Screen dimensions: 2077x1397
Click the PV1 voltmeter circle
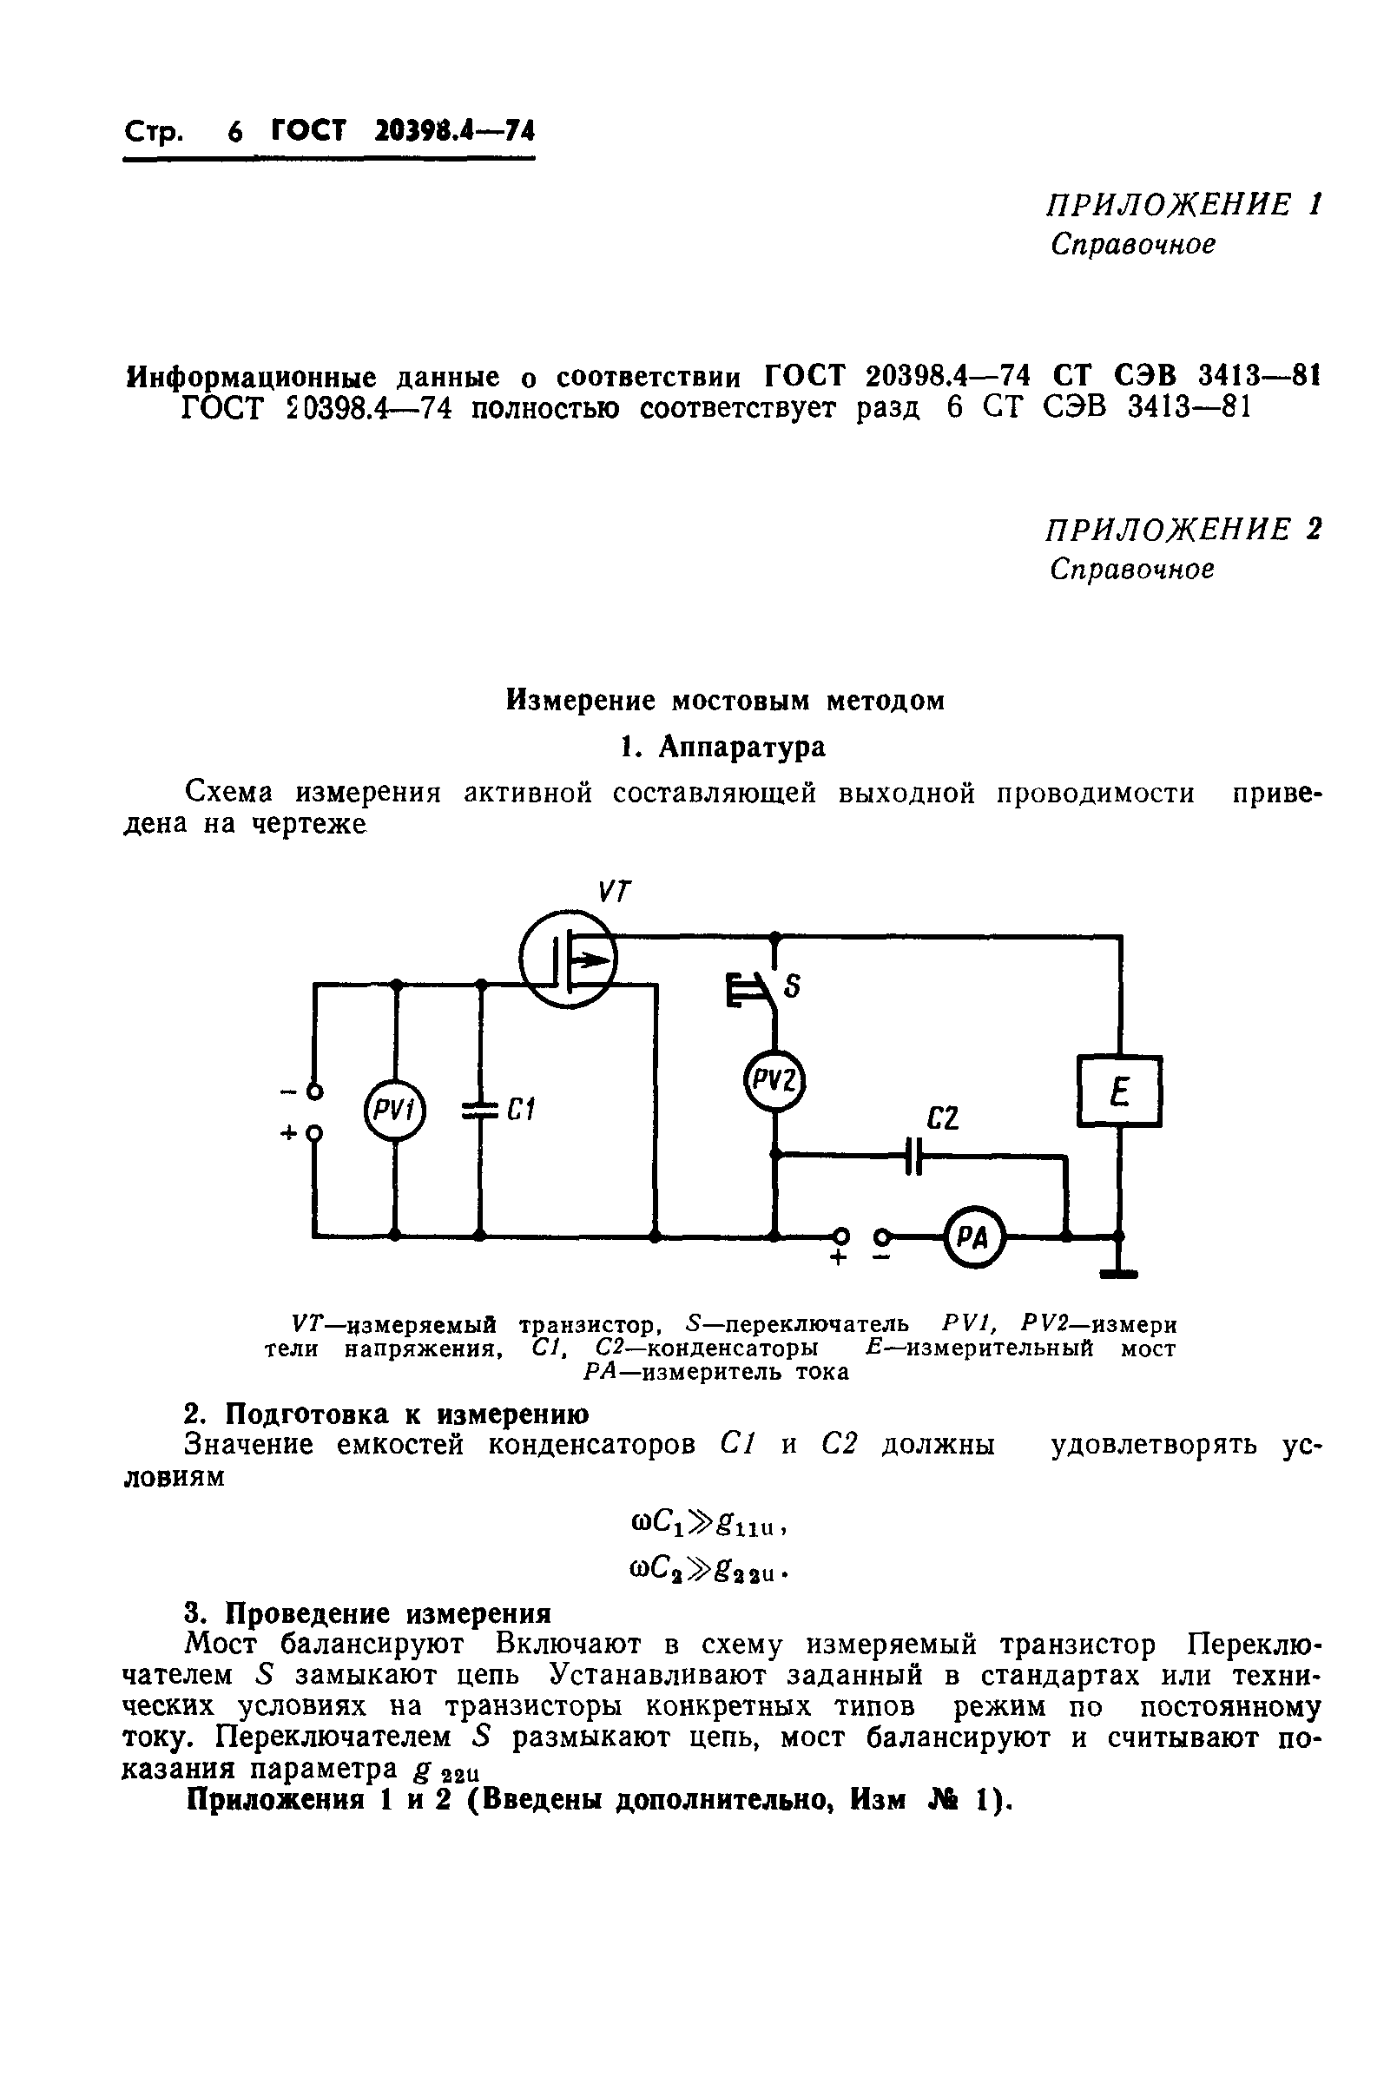[x=395, y=1111]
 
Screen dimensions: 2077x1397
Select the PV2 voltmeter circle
[x=774, y=1081]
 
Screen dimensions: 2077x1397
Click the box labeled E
[x=1119, y=1091]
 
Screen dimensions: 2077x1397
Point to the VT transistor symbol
[x=568, y=958]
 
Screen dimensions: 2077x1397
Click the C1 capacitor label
[x=520, y=1111]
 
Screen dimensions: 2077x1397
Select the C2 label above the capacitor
[x=943, y=1118]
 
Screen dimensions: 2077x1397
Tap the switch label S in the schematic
[x=791, y=986]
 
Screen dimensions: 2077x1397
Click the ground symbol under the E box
[x=1119, y=1272]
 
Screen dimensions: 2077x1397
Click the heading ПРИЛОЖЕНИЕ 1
[x=1183, y=205]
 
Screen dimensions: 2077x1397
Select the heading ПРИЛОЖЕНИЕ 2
[x=1183, y=530]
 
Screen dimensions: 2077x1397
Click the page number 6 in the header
[x=234, y=133]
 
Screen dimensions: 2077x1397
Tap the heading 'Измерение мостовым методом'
[x=724, y=701]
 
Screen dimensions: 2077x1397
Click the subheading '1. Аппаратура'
[x=722, y=747]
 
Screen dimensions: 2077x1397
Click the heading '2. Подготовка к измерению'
[x=385, y=1414]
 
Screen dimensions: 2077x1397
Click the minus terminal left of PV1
[x=313, y=1091]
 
